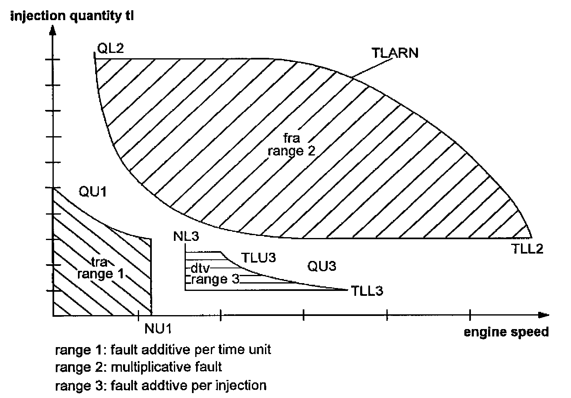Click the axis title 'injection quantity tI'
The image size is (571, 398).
(72, 16)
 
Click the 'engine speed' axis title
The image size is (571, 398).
(506, 332)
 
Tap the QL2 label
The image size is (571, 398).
(110, 48)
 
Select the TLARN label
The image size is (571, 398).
(395, 53)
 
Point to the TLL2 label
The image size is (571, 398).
(528, 248)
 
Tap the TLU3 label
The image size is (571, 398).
(258, 258)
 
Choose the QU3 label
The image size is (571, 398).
(322, 266)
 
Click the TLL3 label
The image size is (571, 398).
(367, 291)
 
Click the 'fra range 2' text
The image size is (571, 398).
(291, 144)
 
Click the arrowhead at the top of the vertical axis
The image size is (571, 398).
(53, 30)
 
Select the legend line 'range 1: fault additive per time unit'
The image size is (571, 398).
(163, 350)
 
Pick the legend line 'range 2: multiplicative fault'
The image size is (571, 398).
(138, 366)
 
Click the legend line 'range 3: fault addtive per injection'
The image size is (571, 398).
(160, 385)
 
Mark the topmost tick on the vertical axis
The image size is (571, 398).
(53, 60)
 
